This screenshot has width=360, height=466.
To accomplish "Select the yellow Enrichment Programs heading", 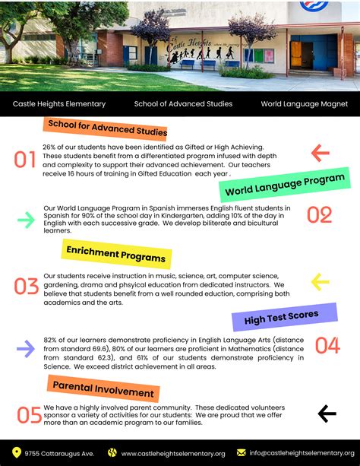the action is tap(115, 253).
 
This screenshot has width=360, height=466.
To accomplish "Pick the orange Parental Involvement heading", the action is tap(103, 391).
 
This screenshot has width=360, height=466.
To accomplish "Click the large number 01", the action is tap(25, 160).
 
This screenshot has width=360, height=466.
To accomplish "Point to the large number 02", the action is tap(319, 216).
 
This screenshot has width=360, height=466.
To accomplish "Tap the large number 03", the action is tap(27, 286).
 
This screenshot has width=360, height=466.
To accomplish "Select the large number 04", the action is tap(327, 346).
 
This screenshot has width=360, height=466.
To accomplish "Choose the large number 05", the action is tap(30, 415).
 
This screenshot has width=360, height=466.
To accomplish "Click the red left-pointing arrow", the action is tap(320, 154).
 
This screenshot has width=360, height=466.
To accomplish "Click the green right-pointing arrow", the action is tap(27, 220).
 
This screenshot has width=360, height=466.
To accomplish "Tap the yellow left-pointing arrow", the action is tap(320, 283).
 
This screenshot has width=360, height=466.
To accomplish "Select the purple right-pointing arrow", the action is tap(26, 349).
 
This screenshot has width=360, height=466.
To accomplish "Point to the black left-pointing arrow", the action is tap(327, 414).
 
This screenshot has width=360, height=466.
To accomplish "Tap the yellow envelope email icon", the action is tap(242, 452).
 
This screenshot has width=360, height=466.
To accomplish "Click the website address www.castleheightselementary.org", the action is tap(173, 453).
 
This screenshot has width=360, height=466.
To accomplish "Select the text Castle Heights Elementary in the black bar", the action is tap(59, 103).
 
